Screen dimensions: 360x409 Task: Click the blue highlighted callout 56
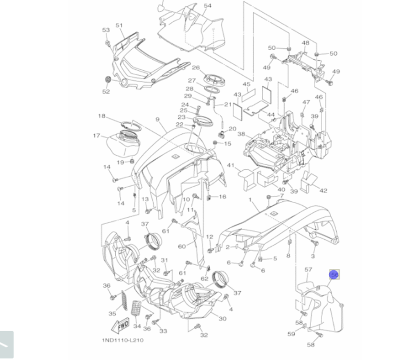(x=335, y=275)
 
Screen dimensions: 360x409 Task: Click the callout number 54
(x=208, y=6)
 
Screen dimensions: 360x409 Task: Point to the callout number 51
(x=119, y=25)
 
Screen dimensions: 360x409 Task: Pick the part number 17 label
(x=97, y=135)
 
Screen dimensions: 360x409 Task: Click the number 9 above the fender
(x=157, y=119)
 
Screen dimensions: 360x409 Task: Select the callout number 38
(x=241, y=134)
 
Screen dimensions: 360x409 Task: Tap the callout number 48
(x=306, y=43)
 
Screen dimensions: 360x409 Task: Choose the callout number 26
(x=196, y=67)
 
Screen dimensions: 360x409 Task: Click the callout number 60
(x=182, y=246)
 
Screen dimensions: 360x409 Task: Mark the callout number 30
(x=222, y=319)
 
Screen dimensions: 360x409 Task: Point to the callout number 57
(x=308, y=270)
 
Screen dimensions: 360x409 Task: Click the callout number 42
(x=323, y=191)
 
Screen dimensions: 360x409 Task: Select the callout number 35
(x=112, y=314)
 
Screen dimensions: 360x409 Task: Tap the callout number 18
(x=102, y=116)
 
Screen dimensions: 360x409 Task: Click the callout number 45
(x=246, y=84)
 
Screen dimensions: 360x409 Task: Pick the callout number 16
(x=222, y=197)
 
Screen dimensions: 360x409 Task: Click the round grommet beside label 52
(x=108, y=79)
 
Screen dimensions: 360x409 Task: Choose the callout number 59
(x=291, y=334)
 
